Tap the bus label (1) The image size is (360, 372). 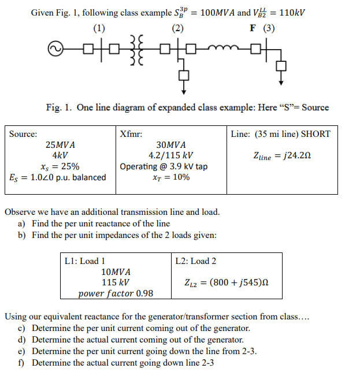click(99, 28)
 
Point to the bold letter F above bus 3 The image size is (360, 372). click(251, 28)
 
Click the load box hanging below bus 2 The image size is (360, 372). click(184, 74)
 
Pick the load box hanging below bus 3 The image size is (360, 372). click(281, 65)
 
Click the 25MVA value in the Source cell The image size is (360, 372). click(60, 145)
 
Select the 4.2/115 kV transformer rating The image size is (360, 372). click(171, 156)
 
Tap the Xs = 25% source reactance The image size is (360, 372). click(60, 166)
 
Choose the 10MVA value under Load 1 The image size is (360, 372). click(116, 272)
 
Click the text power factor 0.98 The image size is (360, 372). click(116, 293)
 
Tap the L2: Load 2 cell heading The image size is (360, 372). click(196, 261)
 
